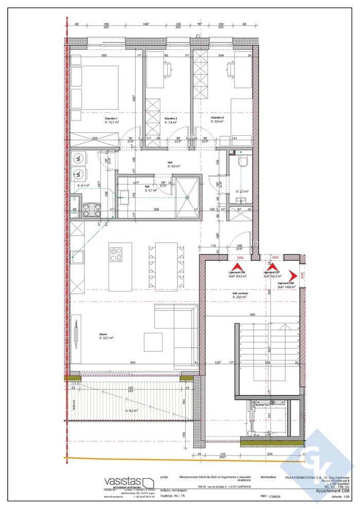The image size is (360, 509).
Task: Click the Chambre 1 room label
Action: click(111, 118)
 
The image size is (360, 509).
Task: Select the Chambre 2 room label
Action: click(171, 118)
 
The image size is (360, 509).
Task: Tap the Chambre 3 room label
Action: click(217, 118)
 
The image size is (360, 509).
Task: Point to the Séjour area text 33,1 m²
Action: click(106, 338)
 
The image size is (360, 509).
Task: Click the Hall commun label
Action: click(241, 292)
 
